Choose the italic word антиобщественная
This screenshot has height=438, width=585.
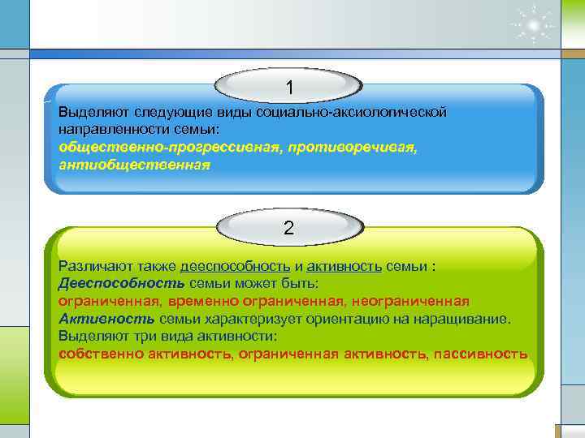[134, 165]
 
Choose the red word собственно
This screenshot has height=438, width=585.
[95, 354]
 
